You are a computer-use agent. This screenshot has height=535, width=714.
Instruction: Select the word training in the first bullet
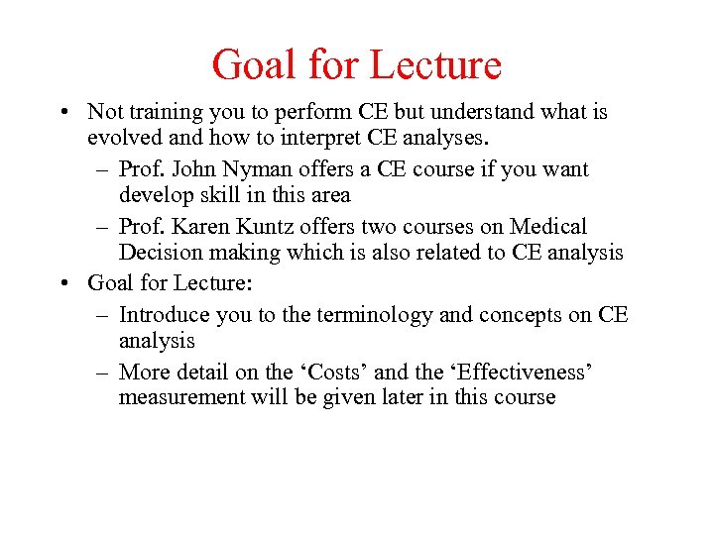pos(165,112)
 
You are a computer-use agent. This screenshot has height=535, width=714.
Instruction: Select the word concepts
pos(520,314)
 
